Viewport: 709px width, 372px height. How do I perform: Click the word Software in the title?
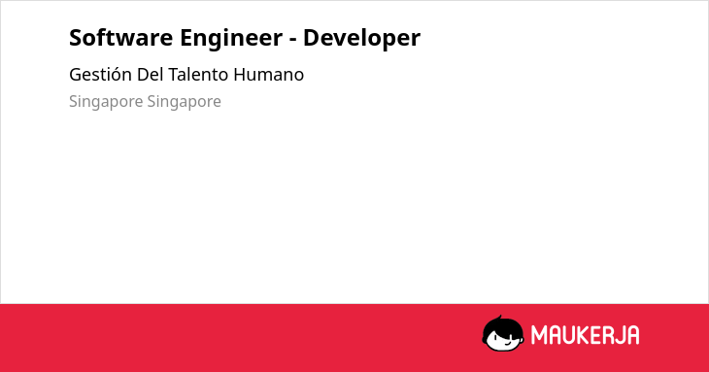tap(120, 38)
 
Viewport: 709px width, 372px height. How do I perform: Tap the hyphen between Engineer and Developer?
tap(293, 40)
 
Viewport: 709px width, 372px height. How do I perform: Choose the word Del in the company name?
tap(151, 75)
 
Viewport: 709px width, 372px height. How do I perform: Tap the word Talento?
tap(198, 75)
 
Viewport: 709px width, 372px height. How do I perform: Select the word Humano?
tap(269, 75)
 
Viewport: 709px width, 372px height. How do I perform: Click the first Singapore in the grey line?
tap(106, 102)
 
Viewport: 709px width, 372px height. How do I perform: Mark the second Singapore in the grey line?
tap(184, 102)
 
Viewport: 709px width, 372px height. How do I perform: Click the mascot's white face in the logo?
tap(504, 339)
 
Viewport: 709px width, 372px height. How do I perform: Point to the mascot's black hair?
tap(502, 324)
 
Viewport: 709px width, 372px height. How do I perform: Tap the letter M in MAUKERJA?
tap(539, 335)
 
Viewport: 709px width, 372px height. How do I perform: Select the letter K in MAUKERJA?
tap(583, 335)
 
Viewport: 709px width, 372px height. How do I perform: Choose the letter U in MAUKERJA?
tap(569, 335)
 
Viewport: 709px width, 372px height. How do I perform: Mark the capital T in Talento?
tap(174, 75)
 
